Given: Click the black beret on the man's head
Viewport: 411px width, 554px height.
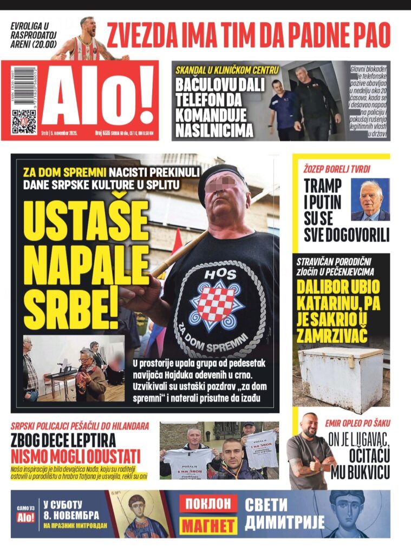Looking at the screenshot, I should [x=221, y=176].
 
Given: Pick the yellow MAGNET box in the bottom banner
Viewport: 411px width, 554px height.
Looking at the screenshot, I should [x=208, y=525].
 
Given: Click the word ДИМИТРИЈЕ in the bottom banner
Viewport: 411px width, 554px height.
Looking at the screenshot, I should [x=285, y=523].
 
